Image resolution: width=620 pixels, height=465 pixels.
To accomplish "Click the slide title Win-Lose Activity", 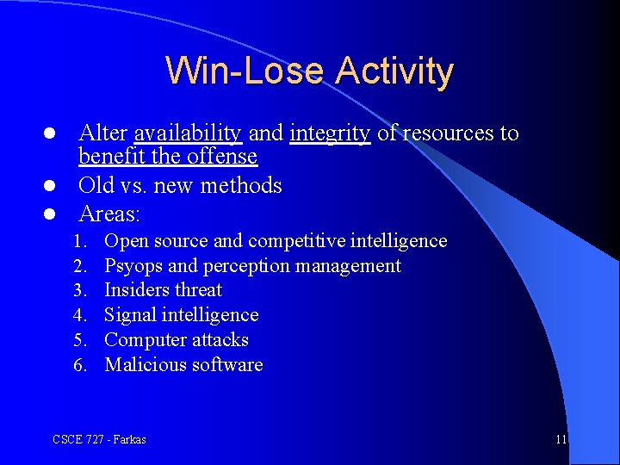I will [x=309, y=71].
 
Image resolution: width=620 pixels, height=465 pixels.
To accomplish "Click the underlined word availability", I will [x=187, y=133].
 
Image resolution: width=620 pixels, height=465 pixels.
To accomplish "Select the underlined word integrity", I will [x=331, y=133].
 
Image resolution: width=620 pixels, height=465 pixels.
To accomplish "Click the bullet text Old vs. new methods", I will [x=180, y=186].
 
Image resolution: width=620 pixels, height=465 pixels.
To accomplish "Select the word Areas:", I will [x=109, y=213].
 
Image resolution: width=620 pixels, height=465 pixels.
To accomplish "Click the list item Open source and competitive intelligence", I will [x=276, y=241].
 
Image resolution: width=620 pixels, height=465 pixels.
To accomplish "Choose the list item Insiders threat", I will [x=163, y=290].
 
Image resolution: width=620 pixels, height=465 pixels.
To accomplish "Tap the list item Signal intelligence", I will [x=181, y=315].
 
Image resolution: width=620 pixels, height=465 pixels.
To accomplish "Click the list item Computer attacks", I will [x=176, y=340].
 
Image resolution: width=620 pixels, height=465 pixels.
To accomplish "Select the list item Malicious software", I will [x=183, y=365].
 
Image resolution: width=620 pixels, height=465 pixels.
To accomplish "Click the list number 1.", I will [x=81, y=241].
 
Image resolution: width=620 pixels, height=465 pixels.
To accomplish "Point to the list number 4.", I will [x=81, y=315].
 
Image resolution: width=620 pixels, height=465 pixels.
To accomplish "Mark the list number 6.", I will [x=81, y=365].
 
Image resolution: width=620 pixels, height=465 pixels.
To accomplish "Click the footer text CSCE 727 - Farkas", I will [x=99, y=440].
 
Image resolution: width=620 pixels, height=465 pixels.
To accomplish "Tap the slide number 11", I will [x=561, y=440].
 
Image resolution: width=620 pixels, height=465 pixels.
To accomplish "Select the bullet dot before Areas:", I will [x=51, y=214].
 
